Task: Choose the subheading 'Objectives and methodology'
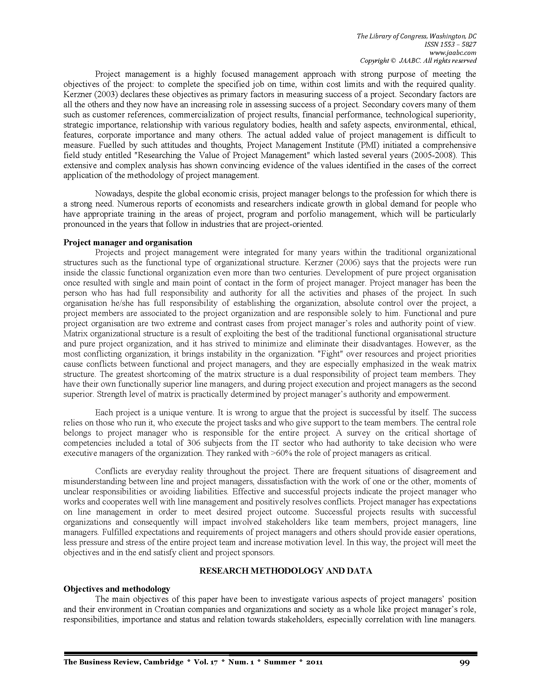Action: [x=117, y=589]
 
